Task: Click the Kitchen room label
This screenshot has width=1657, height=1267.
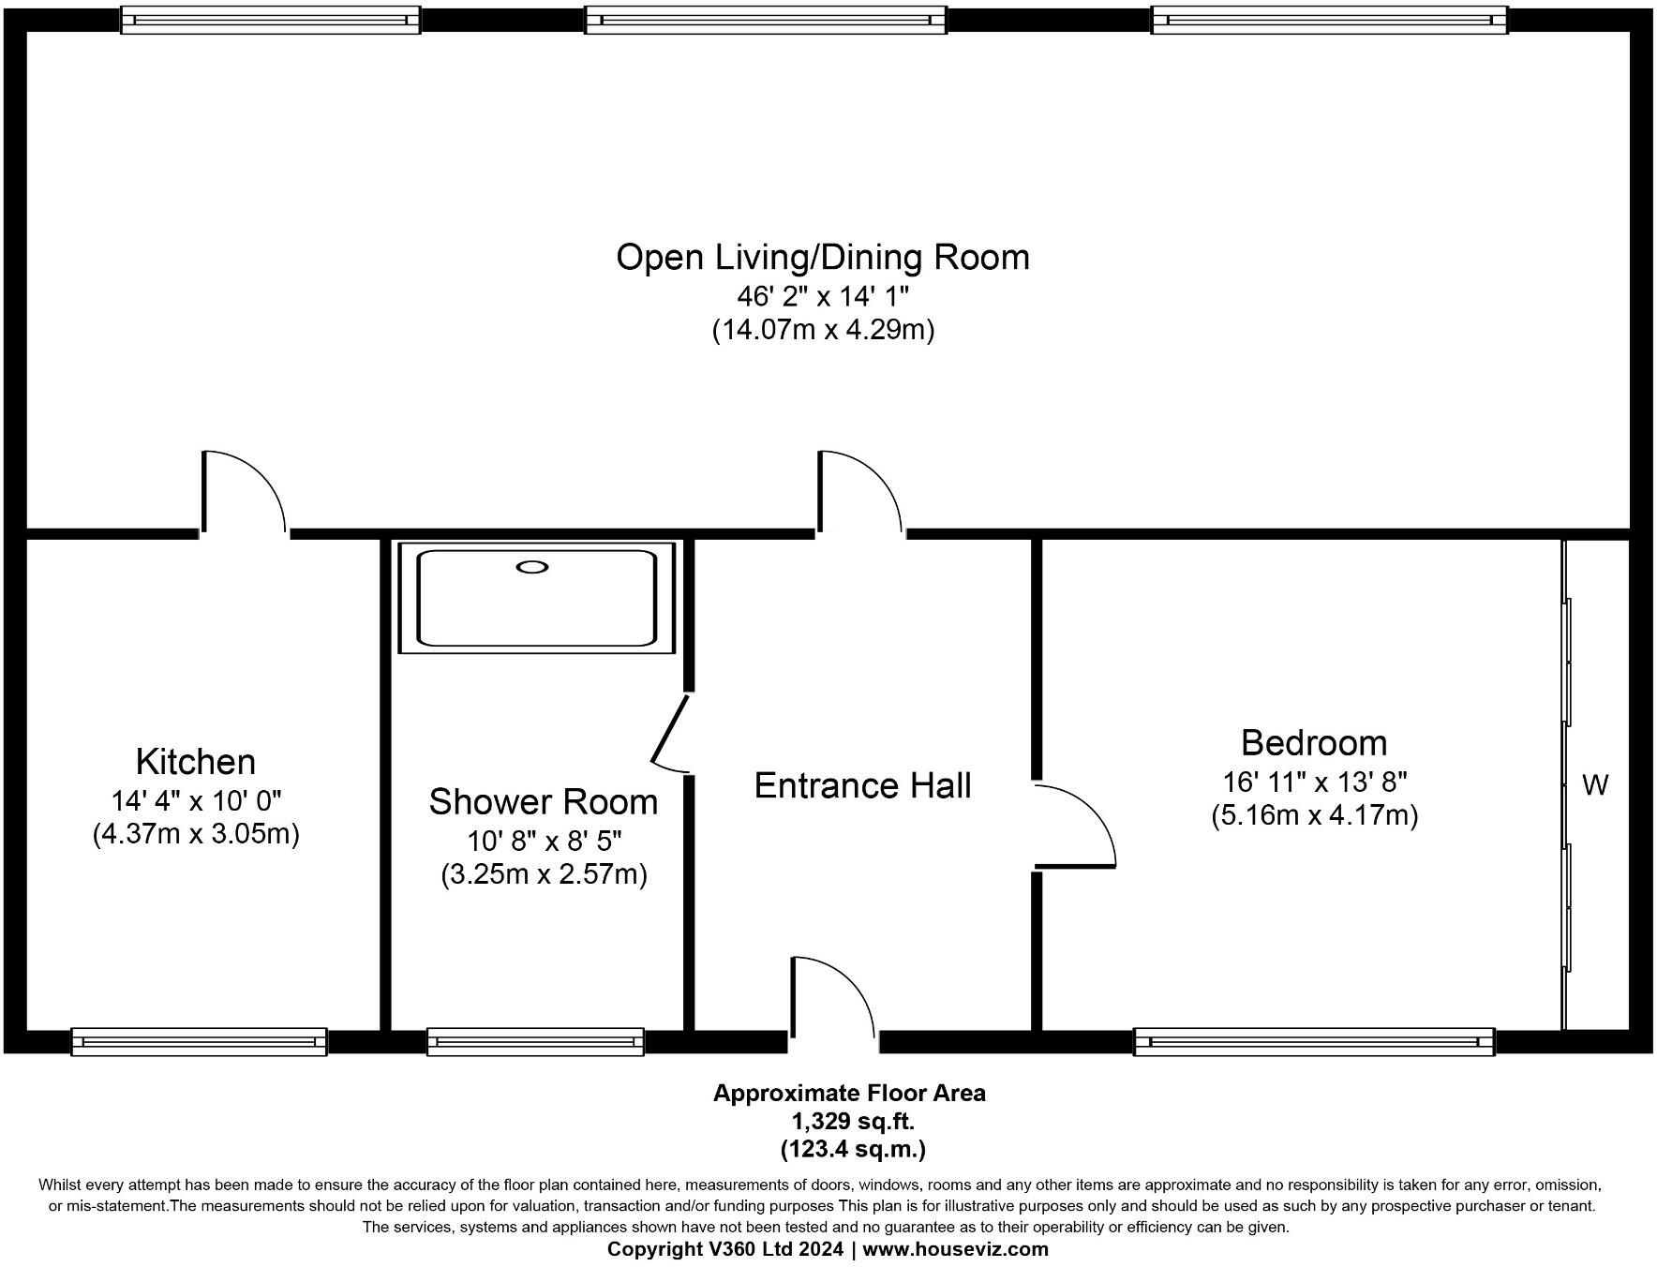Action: pos(196,762)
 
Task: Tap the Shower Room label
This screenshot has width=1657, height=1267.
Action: pos(544,802)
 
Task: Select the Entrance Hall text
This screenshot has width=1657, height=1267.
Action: pos(863,785)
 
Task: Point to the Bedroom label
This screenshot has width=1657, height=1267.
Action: pos(1314,742)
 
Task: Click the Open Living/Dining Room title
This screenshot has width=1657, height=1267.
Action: pos(823,257)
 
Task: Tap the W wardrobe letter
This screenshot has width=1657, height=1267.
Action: pos(1595,785)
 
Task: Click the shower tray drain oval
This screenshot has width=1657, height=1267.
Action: pos(532,566)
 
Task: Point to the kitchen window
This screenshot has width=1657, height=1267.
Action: pos(200,1041)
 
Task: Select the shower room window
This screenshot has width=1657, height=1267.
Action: pos(536,1041)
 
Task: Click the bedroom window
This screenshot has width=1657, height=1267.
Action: pos(1315,1041)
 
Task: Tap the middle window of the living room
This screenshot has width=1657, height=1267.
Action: pos(766,20)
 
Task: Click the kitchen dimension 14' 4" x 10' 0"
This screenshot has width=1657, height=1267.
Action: pos(196,801)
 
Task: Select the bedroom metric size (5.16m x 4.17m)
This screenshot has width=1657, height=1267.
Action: pos(1314,815)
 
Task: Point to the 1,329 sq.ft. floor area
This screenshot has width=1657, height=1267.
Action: pos(853,1121)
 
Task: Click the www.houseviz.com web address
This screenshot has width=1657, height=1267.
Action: pos(956,1249)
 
